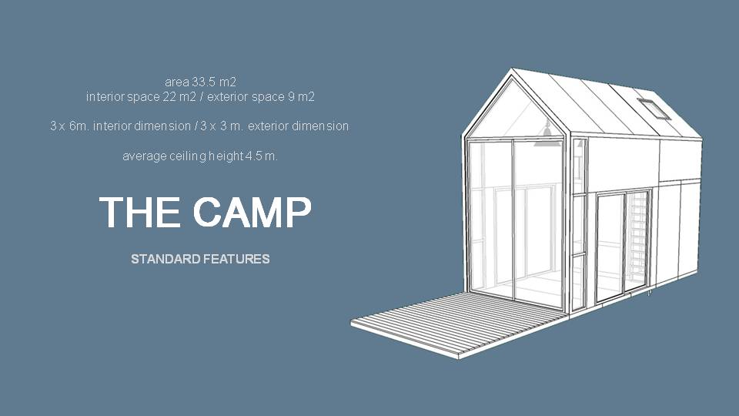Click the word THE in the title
pyautogui.click(x=139, y=212)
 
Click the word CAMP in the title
pyautogui.click(x=252, y=212)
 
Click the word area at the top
pyautogui.click(x=177, y=82)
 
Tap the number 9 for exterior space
pyautogui.click(x=291, y=97)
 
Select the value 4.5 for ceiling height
pyautogui.click(x=253, y=156)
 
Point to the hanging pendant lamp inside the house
pyautogui.click(x=547, y=132)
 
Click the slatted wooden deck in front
pyautogui.click(x=457, y=324)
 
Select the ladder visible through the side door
pyautogui.click(x=637, y=240)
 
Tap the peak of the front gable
pyautogui.click(x=513, y=69)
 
